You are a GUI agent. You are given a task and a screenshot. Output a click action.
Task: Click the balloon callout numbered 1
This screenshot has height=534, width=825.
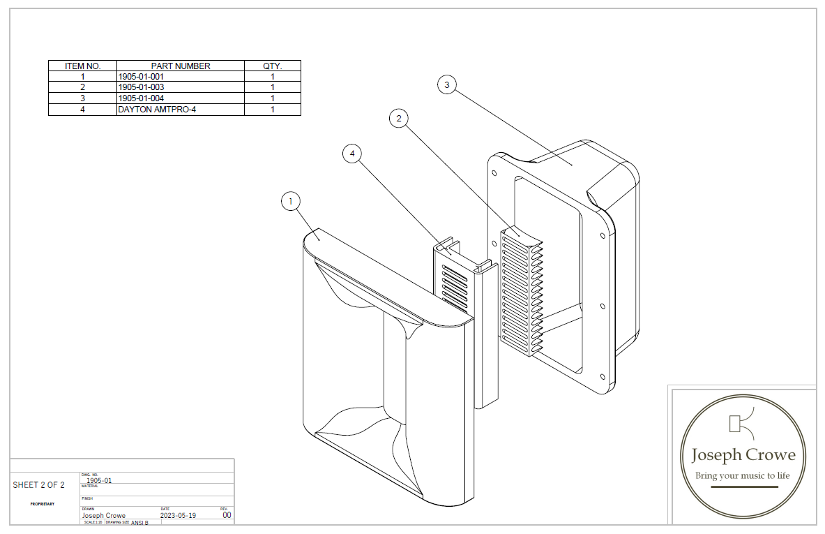click(290, 202)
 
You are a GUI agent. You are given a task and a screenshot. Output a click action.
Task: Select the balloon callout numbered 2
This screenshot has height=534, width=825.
click(398, 119)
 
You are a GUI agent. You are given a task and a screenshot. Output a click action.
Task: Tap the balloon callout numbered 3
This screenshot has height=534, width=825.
click(447, 84)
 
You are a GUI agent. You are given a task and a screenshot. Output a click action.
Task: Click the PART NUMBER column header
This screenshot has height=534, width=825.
click(181, 66)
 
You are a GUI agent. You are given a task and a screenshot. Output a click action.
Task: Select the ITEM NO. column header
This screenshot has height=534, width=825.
click(83, 66)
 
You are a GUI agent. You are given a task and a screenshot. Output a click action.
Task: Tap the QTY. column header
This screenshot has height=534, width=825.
click(272, 66)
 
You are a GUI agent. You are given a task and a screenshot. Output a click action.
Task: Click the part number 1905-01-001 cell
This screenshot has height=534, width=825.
click(142, 77)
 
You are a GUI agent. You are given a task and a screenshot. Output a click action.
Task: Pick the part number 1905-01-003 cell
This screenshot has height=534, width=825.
click(142, 87)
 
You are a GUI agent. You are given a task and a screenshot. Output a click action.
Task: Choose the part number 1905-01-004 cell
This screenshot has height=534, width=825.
click(142, 98)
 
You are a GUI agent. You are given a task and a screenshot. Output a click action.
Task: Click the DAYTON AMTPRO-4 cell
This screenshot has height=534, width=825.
click(153, 110)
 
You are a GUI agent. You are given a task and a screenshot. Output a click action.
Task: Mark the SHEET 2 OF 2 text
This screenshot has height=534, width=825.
click(38, 485)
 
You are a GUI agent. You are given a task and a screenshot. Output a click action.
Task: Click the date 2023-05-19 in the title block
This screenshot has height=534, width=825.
click(179, 516)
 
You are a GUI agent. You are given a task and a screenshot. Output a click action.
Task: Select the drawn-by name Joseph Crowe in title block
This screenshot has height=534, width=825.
click(104, 516)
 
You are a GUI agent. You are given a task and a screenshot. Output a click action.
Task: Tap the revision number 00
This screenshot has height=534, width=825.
click(227, 515)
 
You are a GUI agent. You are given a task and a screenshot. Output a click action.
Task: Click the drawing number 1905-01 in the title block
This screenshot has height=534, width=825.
click(99, 480)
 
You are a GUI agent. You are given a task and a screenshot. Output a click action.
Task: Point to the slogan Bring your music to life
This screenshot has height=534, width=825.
click(742, 476)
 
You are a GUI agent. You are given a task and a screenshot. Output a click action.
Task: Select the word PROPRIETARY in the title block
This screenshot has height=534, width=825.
click(43, 503)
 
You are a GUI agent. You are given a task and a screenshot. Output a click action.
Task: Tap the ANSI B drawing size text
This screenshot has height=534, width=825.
click(139, 523)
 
